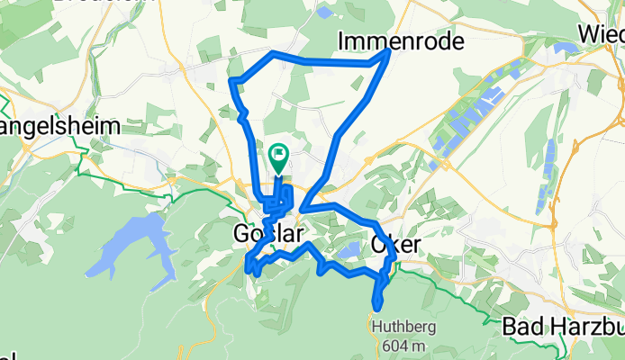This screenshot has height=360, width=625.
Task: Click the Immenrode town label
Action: point(401,40)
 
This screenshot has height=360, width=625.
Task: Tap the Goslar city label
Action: point(267,232)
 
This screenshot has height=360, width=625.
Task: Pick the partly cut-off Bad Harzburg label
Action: point(563,325)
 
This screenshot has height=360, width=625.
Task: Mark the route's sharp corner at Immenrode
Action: point(388,52)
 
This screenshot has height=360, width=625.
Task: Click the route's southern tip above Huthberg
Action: point(376,309)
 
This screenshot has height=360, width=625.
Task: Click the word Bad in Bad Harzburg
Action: point(519,325)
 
